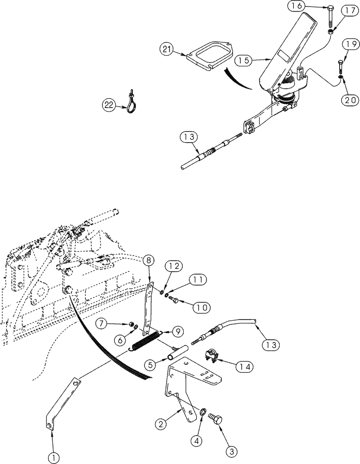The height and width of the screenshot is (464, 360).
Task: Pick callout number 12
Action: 173,267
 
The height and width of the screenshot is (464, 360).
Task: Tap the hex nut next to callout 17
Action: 330,32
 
